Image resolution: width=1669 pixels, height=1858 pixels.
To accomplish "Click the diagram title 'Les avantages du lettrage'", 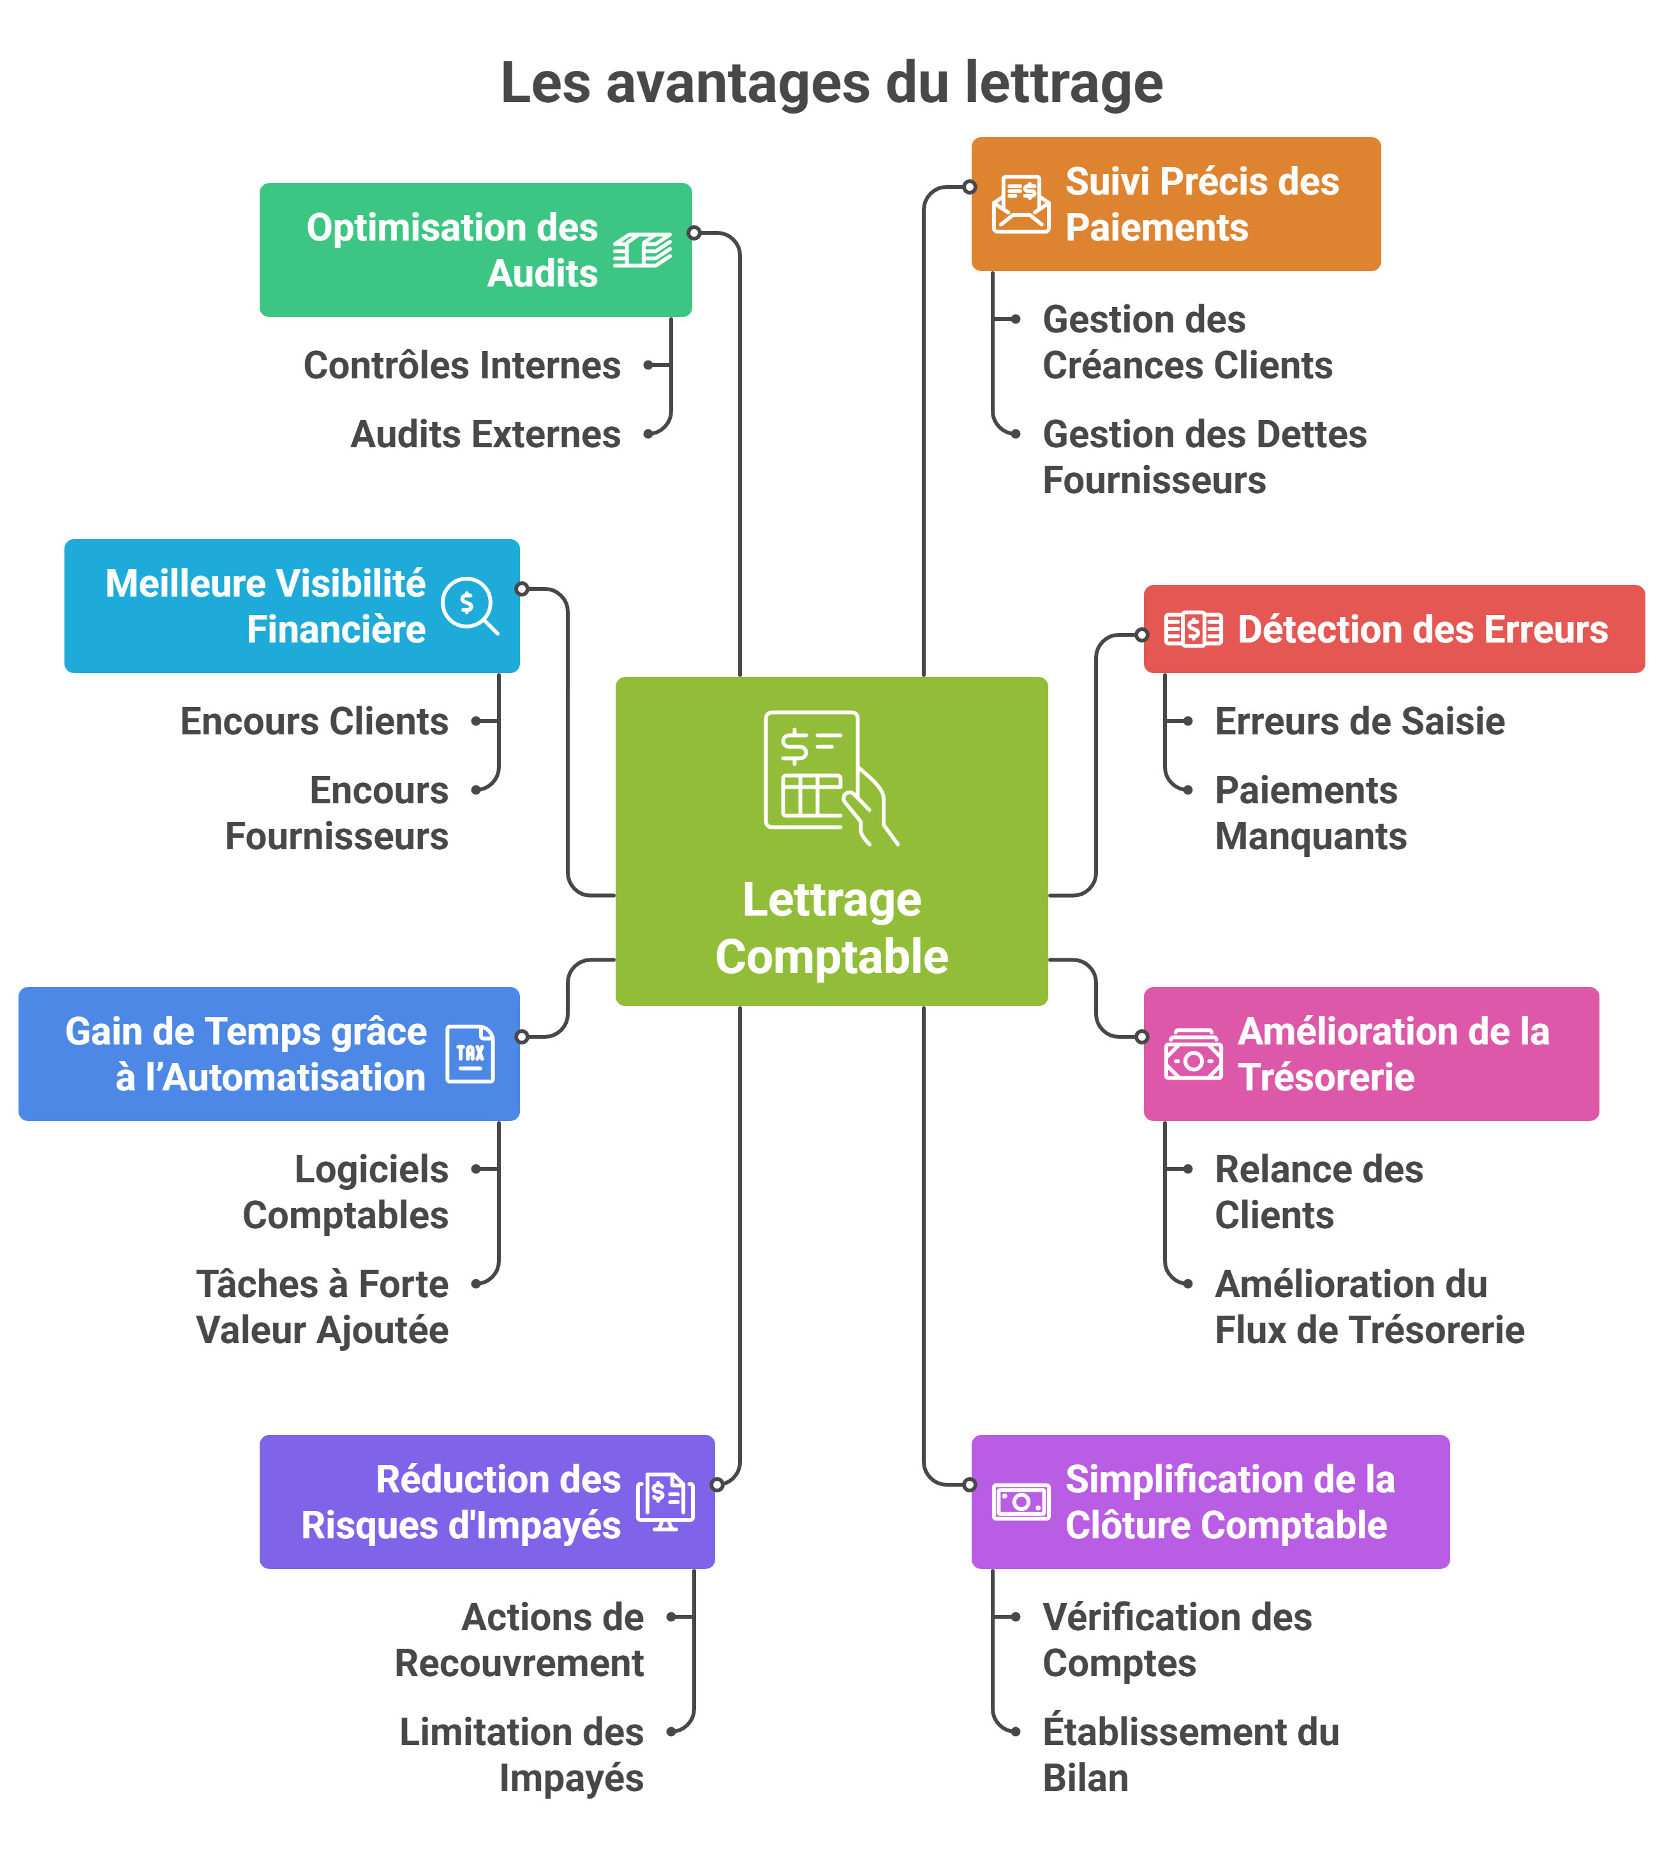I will pyautogui.click(x=832, y=82).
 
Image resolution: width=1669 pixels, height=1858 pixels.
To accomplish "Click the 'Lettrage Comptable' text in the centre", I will pyautogui.click(x=832, y=928).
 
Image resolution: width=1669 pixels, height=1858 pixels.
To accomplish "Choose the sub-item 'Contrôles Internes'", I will pyautogui.click(x=462, y=365).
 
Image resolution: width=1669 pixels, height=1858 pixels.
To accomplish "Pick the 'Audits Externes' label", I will pyautogui.click(x=486, y=434).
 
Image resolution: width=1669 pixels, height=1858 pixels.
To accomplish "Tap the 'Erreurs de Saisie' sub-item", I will pyautogui.click(x=1359, y=722).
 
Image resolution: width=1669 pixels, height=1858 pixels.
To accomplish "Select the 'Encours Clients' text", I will pyautogui.click(x=315, y=722).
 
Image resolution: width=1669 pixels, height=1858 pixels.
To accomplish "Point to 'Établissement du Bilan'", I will pyautogui.click(x=1191, y=1755).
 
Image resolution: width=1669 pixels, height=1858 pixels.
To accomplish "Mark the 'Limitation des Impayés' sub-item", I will pyautogui.click(x=523, y=1755).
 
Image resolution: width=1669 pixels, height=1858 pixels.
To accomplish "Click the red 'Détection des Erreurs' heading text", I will pyautogui.click(x=1422, y=630).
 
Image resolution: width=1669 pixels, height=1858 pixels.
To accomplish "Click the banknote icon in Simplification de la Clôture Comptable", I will pyautogui.click(x=1021, y=1501).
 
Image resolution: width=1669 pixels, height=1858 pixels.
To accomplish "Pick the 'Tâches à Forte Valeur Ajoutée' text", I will pyautogui.click(x=323, y=1307).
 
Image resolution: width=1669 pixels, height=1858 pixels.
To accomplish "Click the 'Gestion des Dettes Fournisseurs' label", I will pyautogui.click(x=1204, y=457).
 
